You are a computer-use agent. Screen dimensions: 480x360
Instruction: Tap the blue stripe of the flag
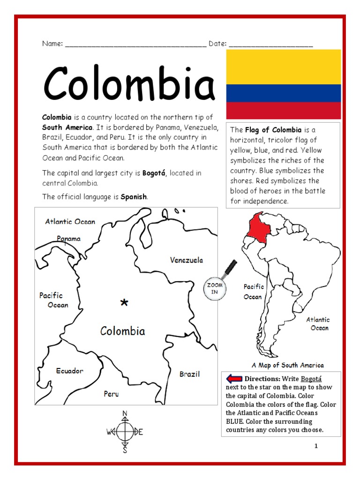(x=283, y=93)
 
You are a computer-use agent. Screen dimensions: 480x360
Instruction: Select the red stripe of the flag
(x=283, y=110)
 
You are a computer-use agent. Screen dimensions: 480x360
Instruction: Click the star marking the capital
(x=124, y=303)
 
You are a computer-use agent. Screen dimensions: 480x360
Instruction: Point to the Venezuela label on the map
(x=186, y=260)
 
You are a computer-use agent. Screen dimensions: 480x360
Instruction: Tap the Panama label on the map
(x=69, y=239)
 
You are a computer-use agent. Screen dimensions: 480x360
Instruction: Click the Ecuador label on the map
(x=70, y=371)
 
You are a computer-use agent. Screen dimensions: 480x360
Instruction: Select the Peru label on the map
(x=112, y=394)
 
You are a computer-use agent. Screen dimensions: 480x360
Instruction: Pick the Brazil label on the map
(x=189, y=374)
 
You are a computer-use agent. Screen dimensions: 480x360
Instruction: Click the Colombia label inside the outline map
(x=123, y=331)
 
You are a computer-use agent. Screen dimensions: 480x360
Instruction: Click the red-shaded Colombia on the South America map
(x=257, y=227)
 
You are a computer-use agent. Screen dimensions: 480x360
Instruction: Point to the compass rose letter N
(x=125, y=413)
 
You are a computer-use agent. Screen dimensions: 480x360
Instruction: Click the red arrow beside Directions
(x=233, y=379)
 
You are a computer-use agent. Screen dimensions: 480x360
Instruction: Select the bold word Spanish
(x=134, y=197)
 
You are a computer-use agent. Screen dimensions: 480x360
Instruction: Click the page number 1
(x=316, y=446)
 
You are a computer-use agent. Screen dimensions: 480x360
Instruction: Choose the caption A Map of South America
(x=287, y=365)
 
